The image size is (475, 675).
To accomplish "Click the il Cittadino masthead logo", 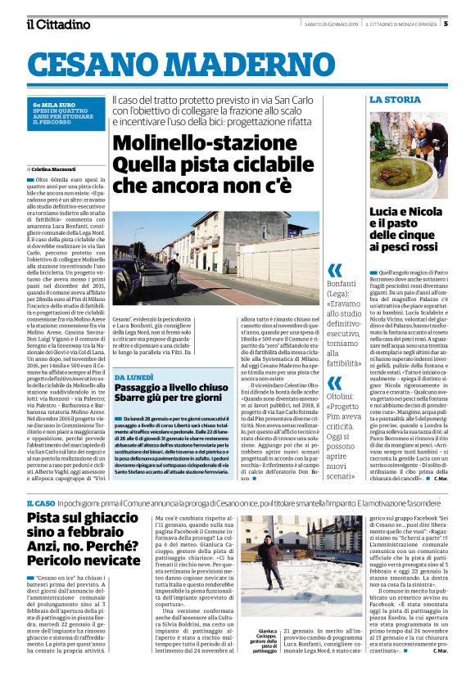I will coord(57,24).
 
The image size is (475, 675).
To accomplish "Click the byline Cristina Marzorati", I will coord(60,168).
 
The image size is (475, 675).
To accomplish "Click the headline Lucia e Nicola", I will coord(408,211).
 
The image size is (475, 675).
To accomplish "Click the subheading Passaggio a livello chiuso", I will coord(171,389).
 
